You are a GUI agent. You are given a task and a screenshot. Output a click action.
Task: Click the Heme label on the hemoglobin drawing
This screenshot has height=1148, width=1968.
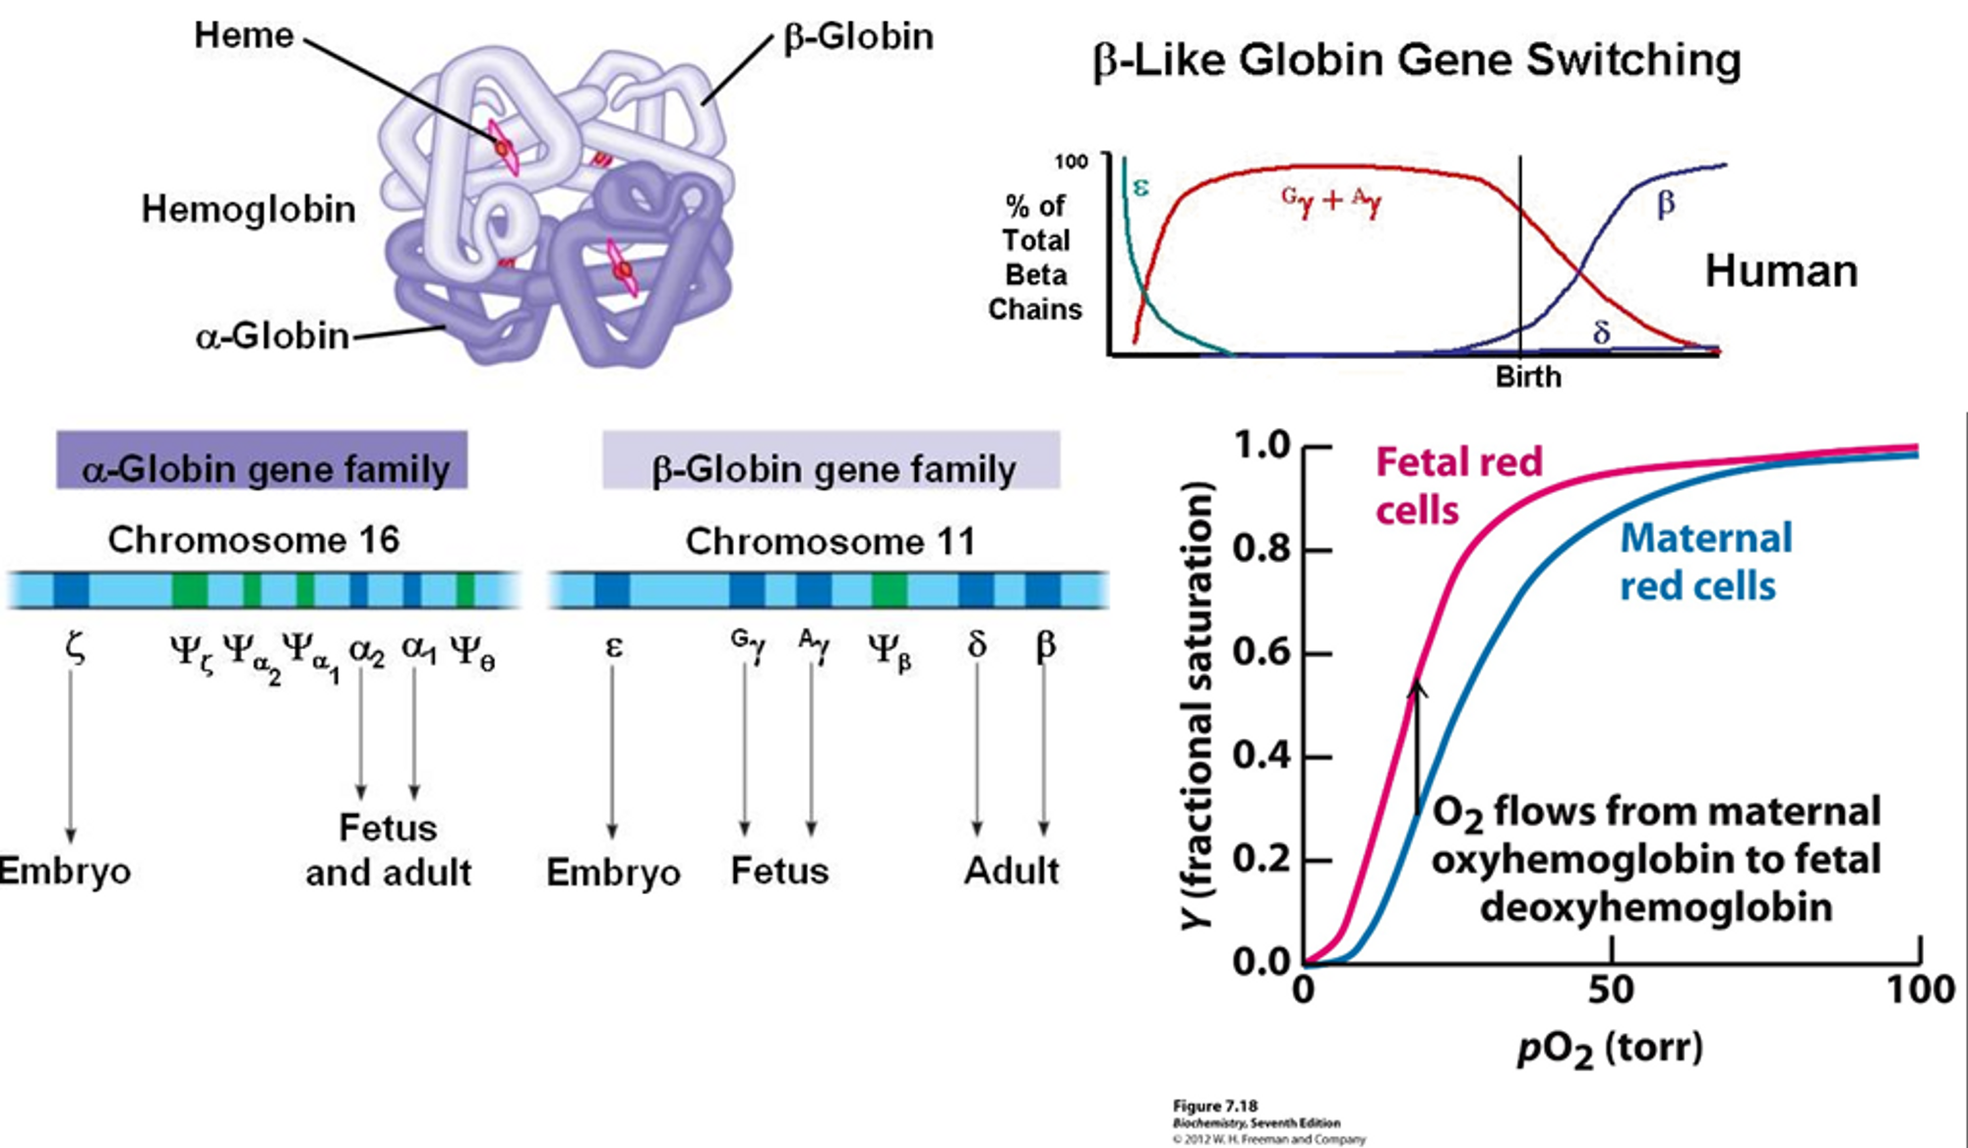(x=243, y=35)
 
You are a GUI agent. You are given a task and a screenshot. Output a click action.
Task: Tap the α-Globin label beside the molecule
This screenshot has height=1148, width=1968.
(x=273, y=336)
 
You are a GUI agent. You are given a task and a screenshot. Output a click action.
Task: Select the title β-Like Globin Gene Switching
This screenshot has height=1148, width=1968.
(x=1416, y=60)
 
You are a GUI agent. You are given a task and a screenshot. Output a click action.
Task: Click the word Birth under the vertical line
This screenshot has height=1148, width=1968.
(x=1527, y=377)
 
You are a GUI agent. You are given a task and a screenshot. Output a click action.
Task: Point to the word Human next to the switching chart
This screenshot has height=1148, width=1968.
(x=1780, y=271)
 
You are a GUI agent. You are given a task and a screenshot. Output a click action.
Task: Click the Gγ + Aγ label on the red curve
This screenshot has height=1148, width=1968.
(x=1330, y=201)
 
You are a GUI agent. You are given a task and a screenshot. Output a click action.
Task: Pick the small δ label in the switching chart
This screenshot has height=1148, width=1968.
(x=1601, y=333)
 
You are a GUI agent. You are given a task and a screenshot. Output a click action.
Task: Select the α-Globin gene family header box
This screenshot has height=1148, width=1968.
(x=262, y=460)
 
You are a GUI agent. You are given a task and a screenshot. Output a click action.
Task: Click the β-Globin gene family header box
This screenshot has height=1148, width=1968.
(x=831, y=460)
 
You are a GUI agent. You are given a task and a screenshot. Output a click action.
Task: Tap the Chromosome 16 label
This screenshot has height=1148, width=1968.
(x=253, y=540)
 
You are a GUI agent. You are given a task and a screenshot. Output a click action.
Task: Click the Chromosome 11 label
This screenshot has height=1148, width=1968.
(x=830, y=541)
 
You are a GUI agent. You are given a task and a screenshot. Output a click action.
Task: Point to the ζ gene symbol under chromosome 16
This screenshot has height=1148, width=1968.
(x=75, y=648)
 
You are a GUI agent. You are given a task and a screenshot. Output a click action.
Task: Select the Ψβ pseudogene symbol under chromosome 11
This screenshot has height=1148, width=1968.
(x=889, y=650)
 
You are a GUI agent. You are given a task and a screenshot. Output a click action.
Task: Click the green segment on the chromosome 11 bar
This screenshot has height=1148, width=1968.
(x=889, y=590)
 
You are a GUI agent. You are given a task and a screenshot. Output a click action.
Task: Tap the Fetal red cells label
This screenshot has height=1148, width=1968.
(x=1458, y=486)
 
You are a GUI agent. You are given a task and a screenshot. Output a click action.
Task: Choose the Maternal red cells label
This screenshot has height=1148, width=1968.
(x=1705, y=562)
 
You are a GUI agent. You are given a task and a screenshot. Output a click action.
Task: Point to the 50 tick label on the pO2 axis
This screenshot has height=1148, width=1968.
(x=1611, y=990)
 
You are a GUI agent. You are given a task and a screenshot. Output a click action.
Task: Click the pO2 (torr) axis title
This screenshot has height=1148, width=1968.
(x=1610, y=1049)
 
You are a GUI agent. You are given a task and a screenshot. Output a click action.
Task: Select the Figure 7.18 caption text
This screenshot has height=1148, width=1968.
(x=1214, y=1106)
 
